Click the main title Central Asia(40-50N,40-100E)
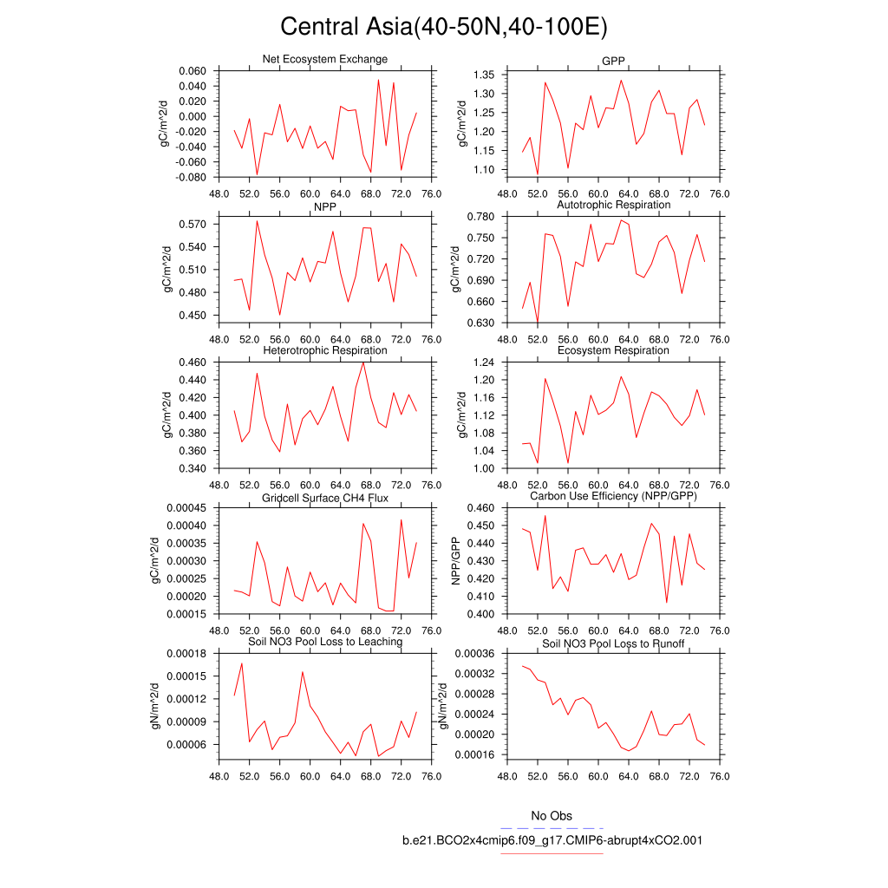pyautogui.click(x=444, y=27)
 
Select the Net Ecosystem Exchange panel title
pyautogui.click(x=324, y=59)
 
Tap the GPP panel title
pyautogui.click(x=613, y=60)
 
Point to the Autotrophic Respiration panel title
pyautogui.click(x=613, y=205)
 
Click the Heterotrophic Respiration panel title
pyautogui.click(x=324, y=350)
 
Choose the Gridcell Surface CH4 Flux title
pyautogui.click(x=324, y=498)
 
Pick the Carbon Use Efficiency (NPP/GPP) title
pyautogui.click(x=613, y=496)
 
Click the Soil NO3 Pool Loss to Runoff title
pyautogui.click(x=613, y=643)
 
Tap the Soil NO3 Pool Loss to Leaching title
pyautogui.click(x=324, y=642)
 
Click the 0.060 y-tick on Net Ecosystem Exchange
pyautogui.click(x=191, y=71)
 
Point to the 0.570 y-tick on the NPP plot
pyautogui.click(x=191, y=224)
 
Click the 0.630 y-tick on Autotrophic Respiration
pyautogui.click(x=480, y=323)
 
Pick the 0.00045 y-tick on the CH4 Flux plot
pyautogui.click(x=185, y=508)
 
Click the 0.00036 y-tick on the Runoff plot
pyautogui.click(x=473, y=654)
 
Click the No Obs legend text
pyautogui.click(x=552, y=816)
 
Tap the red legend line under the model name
pyautogui.click(x=552, y=853)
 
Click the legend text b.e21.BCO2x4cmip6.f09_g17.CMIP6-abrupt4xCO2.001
pyautogui.click(x=552, y=840)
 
